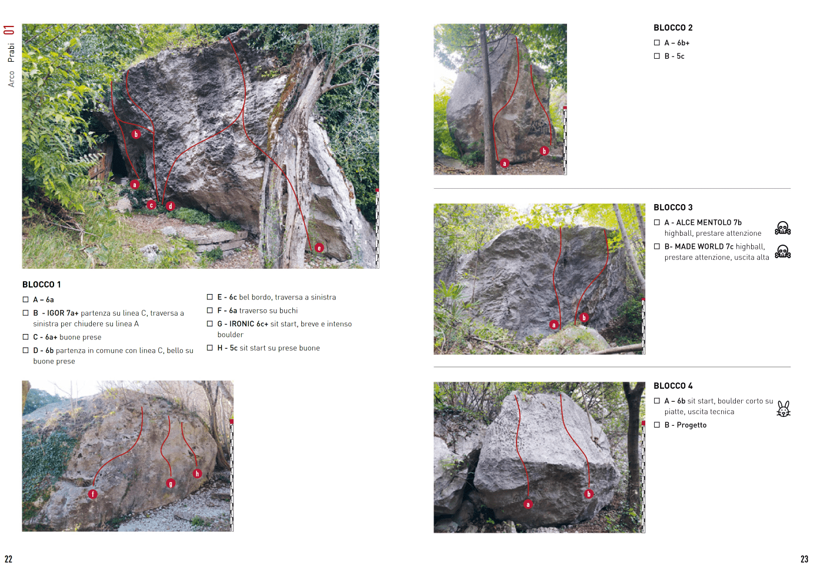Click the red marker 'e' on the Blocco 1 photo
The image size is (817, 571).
(x=319, y=248)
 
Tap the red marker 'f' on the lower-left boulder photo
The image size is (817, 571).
(x=93, y=495)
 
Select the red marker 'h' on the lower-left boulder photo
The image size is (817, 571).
(x=197, y=473)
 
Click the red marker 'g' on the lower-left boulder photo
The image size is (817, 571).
(x=171, y=484)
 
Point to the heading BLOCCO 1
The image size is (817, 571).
(x=42, y=285)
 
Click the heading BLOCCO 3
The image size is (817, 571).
(x=673, y=208)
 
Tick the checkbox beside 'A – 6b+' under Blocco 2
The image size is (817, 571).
(x=657, y=43)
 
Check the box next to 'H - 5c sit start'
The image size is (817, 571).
(x=210, y=348)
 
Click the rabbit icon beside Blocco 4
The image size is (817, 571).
(x=783, y=409)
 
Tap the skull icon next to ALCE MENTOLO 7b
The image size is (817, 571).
(x=783, y=228)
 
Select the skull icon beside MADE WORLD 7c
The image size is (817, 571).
(x=783, y=252)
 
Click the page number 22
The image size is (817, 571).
(x=8, y=559)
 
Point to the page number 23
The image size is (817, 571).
(x=805, y=559)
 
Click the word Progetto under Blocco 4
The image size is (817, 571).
(x=692, y=425)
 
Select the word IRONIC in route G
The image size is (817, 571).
(x=241, y=324)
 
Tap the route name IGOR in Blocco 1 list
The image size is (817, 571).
(x=55, y=313)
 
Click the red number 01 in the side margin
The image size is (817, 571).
(x=9, y=30)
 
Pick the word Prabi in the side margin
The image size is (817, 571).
(x=11, y=52)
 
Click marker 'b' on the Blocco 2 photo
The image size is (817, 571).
(x=544, y=151)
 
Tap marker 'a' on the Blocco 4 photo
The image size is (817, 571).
(x=528, y=505)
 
